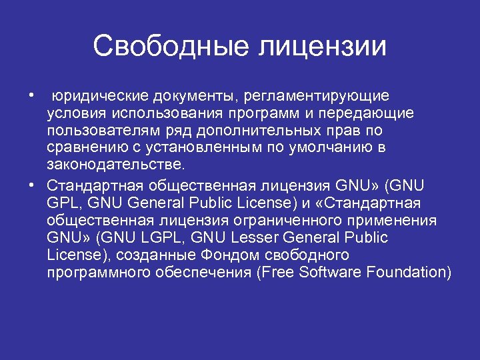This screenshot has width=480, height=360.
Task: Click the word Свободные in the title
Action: pyautogui.click(x=171, y=46)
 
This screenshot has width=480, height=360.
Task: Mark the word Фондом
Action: pyautogui.click(x=217, y=255)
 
